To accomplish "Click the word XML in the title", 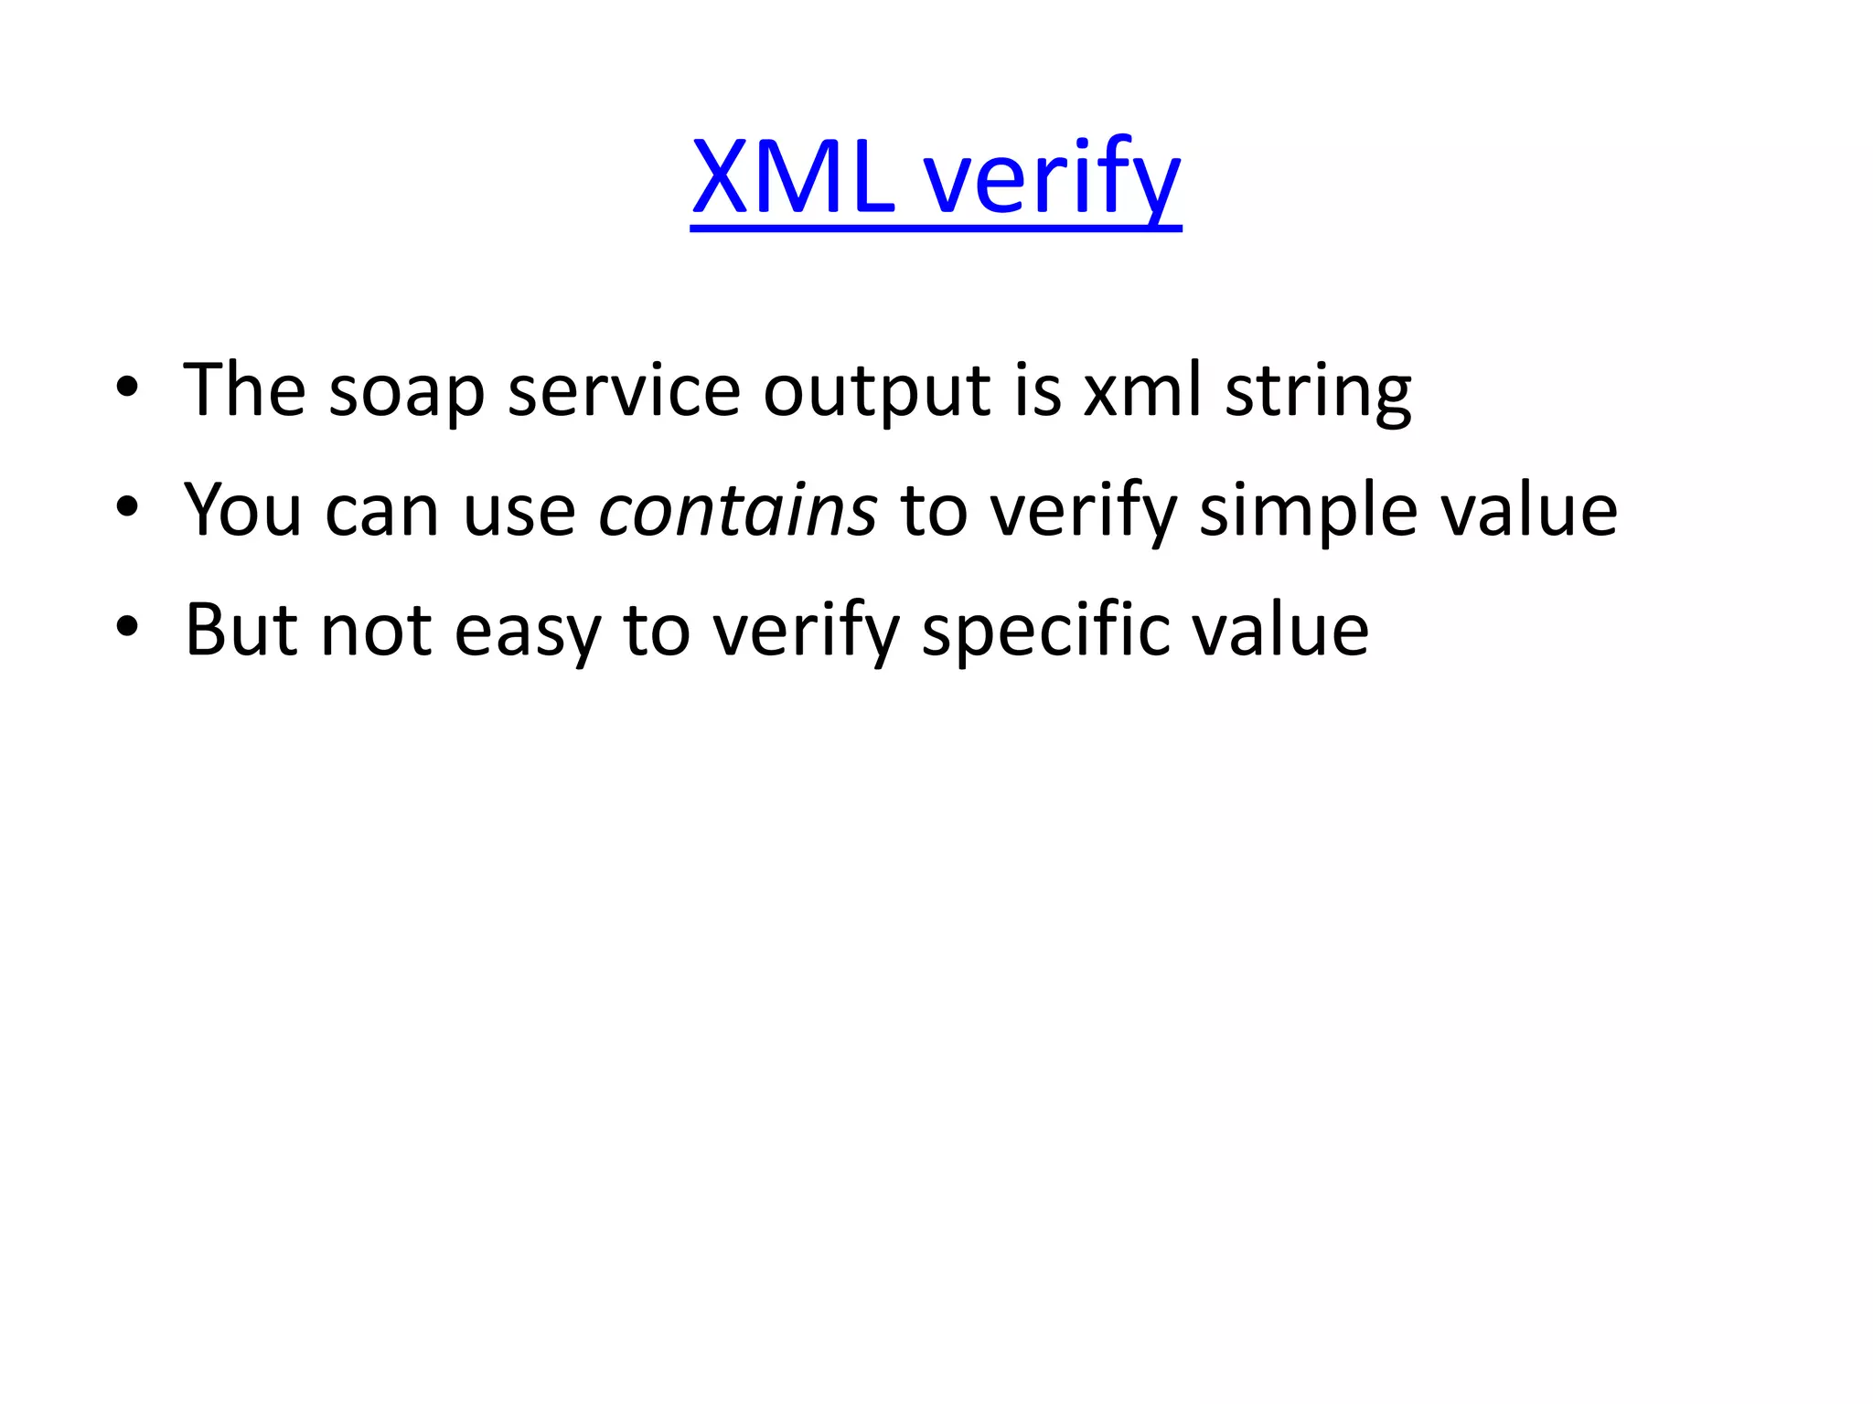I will pos(792,177).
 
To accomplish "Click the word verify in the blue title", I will pos(1052,177).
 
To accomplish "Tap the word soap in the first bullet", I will pos(406,391).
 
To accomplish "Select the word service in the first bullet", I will pos(624,391).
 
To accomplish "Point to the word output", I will pos(876,391).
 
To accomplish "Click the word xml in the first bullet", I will pos(1142,391).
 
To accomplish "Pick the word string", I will pos(1318,391).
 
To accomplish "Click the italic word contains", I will pos(738,510).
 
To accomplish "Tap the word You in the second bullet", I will pos(242,510).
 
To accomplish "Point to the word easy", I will pos(527,630).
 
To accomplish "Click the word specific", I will pos(1046,630).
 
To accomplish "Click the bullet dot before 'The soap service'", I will pos(127,388).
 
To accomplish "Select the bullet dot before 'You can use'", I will pos(127,506).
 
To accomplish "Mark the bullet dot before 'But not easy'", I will pos(127,626).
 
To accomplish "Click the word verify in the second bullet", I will pos(1084,510).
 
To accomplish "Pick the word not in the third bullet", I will pos(376,630).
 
